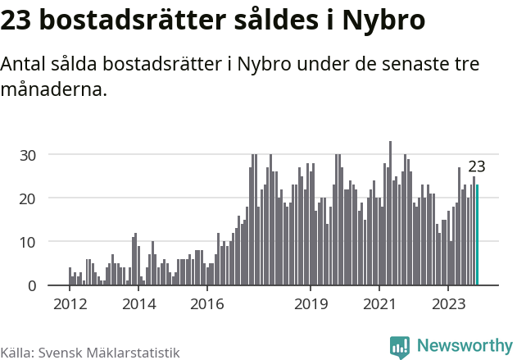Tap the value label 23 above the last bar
pos(476,166)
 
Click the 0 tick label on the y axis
pos(31,286)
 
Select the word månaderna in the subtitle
pos(54,89)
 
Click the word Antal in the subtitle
pos(25,65)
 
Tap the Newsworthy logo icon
pos(400,346)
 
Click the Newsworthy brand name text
pos(464,346)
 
